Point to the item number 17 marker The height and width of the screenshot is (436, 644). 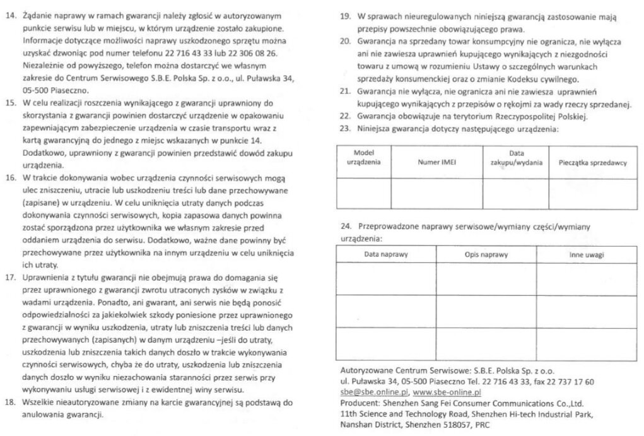[x=11, y=277]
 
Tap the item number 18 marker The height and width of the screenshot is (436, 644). [x=11, y=402]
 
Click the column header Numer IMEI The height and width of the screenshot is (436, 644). [x=436, y=162]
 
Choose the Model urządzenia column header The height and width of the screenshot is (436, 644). [x=363, y=158]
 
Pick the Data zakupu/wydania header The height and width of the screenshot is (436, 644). [x=515, y=158]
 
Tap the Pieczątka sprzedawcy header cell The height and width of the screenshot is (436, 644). [x=592, y=162]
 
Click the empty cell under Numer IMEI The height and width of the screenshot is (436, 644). [x=436, y=193]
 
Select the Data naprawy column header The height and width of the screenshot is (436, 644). [x=385, y=254]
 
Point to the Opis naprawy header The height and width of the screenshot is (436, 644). [x=486, y=254]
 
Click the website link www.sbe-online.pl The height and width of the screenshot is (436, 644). [x=447, y=392]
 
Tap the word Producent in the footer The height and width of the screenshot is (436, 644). [x=361, y=403]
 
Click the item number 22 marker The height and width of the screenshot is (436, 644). [x=344, y=117]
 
